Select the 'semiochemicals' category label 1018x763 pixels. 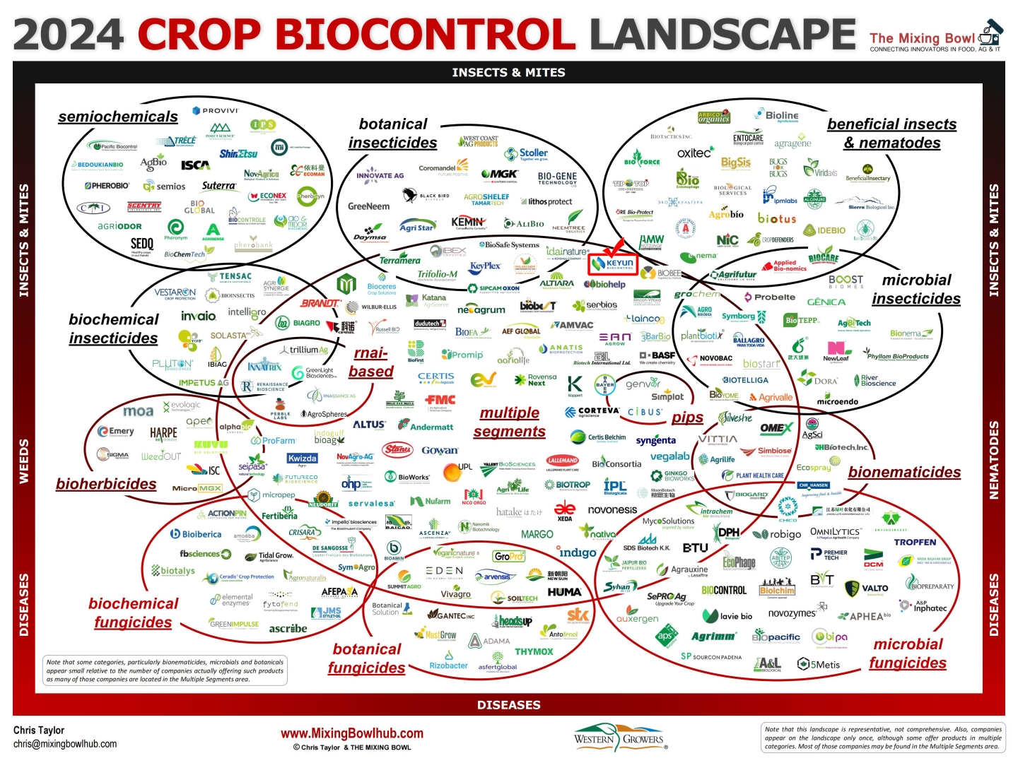click(x=118, y=117)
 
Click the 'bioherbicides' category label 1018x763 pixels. click(x=106, y=484)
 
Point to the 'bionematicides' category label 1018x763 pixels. click(x=904, y=472)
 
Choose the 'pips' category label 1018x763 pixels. click(x=687, y=418)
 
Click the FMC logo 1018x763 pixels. click(x=440, y=400)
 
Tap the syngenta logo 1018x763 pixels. click(x=655, y=440)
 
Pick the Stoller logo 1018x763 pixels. click(x=527, y=153)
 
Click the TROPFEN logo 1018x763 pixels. click(x=915, y=543)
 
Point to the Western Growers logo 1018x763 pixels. click(x=620, y=738)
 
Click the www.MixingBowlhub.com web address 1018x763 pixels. click(x=352, y=733)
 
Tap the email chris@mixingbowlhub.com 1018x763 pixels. click(x=65, y=744)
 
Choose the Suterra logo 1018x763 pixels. click(x=219, y=186)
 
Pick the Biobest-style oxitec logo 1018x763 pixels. click(x=695, y=153)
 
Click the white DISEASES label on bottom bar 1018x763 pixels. click(x=508, y=705)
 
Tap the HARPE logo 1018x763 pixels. click(x=163, y=432)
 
